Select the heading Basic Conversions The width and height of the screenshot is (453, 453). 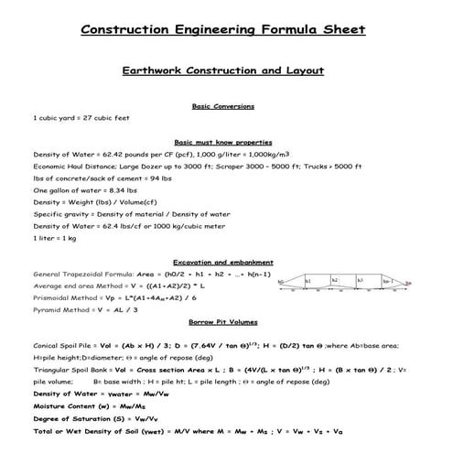tap(223, 106)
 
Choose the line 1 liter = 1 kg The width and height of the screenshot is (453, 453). tap(56, 237)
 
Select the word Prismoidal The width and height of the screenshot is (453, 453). tap(56, 297)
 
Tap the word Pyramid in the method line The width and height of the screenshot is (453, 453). tap(51, 309)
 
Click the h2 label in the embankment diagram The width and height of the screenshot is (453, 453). tap(335, 280)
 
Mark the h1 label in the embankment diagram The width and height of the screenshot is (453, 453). tap(308, 281)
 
